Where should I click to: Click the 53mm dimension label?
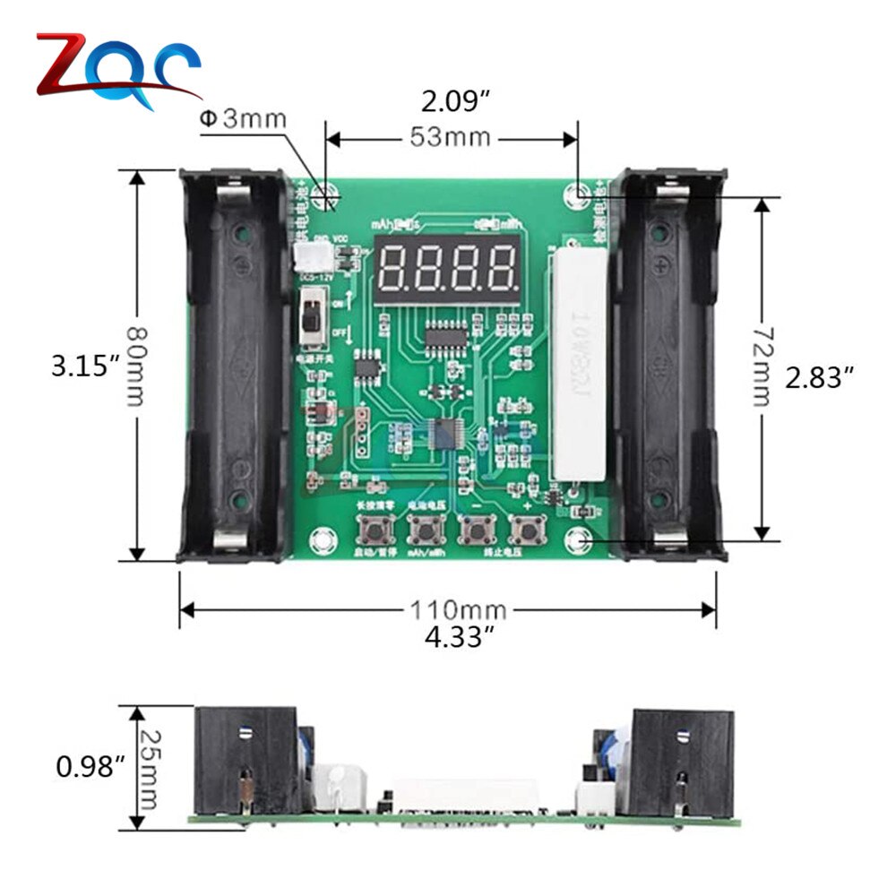[x=450, y=137]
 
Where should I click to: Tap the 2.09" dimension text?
[x=455, y=101]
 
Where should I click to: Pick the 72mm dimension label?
[x=761, y=365]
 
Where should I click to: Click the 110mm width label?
[x=458, y=610]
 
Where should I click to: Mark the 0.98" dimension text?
[x=90, y=766]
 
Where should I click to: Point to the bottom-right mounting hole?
[x=580, y=539]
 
